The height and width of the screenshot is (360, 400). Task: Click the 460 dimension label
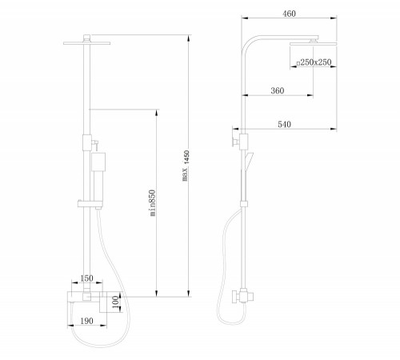(x=289, y=14)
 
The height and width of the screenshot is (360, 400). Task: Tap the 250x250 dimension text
(x=316, y=62)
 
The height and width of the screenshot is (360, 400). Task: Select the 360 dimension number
(x=278, y=90)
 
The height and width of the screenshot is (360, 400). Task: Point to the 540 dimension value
(x=284, y=124)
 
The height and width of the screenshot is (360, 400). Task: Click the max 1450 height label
(x=186, y=166)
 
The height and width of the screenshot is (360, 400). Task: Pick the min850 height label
(x=152, y=202)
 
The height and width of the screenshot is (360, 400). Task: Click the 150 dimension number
(x=86, y=278)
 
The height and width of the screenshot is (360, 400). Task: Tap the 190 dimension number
(x=86, y=321)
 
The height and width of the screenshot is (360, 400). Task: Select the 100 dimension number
(x=115, y=302)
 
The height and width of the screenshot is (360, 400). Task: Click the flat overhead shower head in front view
(x=87, y=43)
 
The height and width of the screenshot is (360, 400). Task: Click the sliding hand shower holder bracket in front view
(x=90, y=204)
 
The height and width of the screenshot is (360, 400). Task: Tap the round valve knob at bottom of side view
(x=235, y=297)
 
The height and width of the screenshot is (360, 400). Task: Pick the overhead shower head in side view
(x=314, y=44)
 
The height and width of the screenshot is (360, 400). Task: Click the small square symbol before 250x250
(x=298, y=63)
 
